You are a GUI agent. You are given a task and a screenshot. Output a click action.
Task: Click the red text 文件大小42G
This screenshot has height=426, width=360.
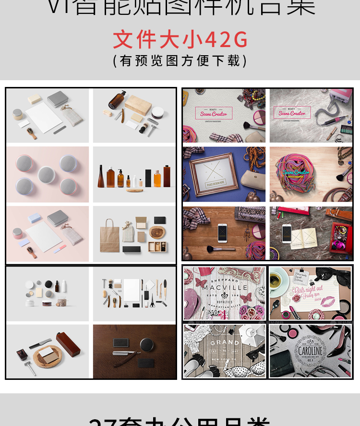click(x=180, y=39)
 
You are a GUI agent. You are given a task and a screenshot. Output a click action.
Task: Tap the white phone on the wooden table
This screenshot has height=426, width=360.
click(x=222, y=233)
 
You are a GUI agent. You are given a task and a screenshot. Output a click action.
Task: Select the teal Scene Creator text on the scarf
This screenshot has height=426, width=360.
click(x=296, y=172)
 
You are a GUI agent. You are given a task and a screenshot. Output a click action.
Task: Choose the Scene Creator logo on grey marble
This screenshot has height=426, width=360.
click(x=292, y=113)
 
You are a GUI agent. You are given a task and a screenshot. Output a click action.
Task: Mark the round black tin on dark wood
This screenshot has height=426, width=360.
click(x=146, y=345)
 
